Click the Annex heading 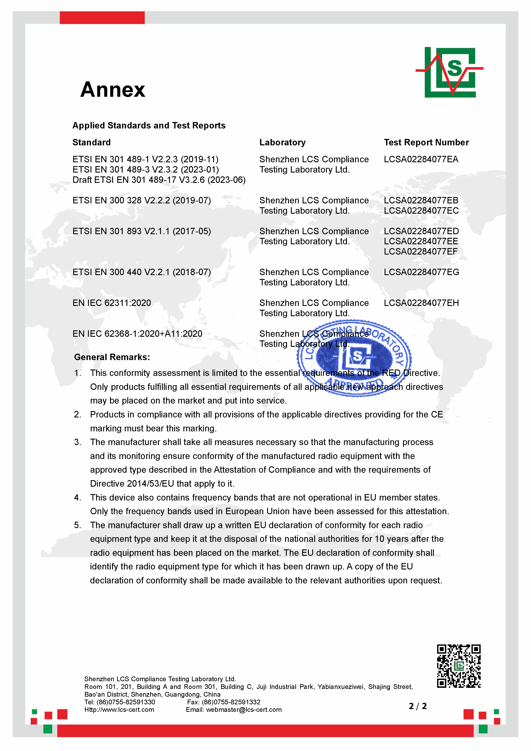click(113, 90)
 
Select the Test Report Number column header click(426, 142)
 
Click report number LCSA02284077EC click(421, 211)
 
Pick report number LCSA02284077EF click(421, 252)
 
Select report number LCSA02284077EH click(421, 303)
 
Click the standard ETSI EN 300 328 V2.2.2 click(141, 200)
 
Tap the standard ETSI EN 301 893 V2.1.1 click(141, 231)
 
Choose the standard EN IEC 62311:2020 click(112, 303)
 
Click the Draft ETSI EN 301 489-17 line click(159, 180)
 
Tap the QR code click(458, 666)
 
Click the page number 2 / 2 click(418, 706)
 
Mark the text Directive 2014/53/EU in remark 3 click(132, 483)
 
